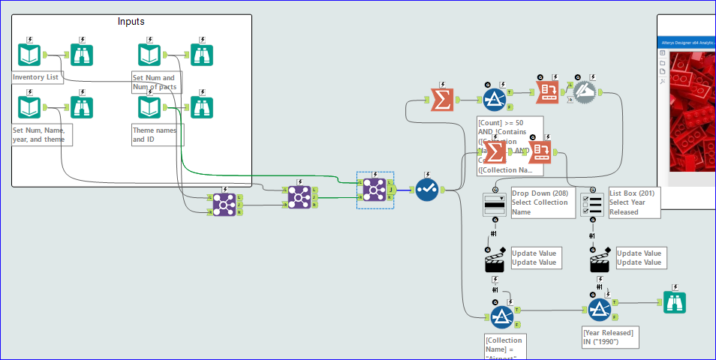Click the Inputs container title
(x=131, y=21)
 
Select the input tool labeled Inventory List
(x=29, y=55)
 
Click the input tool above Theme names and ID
(x=149, y=107)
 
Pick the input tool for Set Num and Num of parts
(x=149, y=55)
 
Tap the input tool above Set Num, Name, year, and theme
(x=29, y=107)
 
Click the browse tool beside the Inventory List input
(x=82, y=55)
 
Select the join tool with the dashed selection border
(x=375, y=190)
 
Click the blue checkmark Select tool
(x=428, y=190)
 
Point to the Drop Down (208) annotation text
(x=540, y=202)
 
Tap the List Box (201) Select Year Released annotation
(x=633, y=202)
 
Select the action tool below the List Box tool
(x=599, y=262)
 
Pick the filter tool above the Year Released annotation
(x=599, y=309)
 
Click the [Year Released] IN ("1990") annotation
(x=609, y=337)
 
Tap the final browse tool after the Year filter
(x=675, y=302)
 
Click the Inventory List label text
(x=36, y=77)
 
